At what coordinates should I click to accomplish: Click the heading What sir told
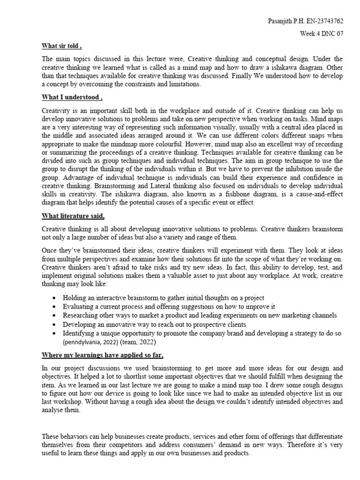[x=61, y=46]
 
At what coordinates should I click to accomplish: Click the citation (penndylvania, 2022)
[x=93, y=342]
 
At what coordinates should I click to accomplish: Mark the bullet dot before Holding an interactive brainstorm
[x=56, y=298]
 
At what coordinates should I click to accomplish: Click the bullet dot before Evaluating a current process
[x=56, y=307]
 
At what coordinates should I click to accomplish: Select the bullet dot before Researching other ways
[x=56, y=315]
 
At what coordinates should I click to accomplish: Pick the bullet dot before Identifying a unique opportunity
[x=56, y=333]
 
